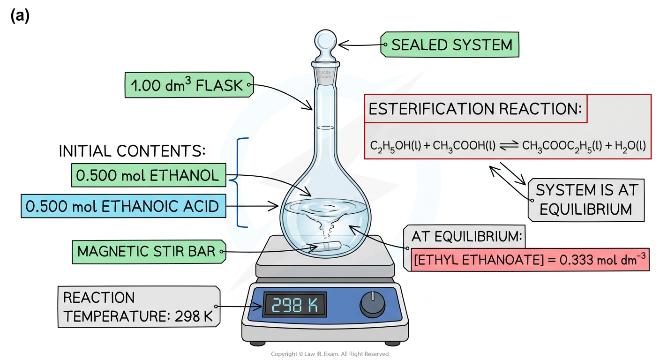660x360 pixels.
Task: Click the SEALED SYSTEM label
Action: click(x=450, y=45)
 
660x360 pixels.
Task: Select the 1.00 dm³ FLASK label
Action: click(x=189, y=85)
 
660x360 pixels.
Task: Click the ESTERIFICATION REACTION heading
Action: click(x=475, y=109)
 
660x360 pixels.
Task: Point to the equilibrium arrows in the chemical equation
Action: click(x=509, y=145)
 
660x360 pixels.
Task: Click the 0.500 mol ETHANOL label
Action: click(x=149, y=175)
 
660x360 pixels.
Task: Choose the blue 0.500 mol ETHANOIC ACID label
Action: click(x=123, y=206)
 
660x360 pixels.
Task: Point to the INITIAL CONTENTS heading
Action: click(x=132, y=151)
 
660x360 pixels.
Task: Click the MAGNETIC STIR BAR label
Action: click(x=149, y=252)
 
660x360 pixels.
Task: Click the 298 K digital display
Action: click(x=295, y=305)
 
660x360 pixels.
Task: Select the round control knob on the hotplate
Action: click(x=373, y=305)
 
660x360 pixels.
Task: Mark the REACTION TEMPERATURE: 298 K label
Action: click(x=139, y=307)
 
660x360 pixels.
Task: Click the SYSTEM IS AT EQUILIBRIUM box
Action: click(x=586, y=200)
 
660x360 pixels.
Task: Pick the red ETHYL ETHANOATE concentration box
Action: click(x=530, y=260)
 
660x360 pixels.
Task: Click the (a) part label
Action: click(x=20, y=15)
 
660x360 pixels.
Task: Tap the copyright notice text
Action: click(x=330, y=354)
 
